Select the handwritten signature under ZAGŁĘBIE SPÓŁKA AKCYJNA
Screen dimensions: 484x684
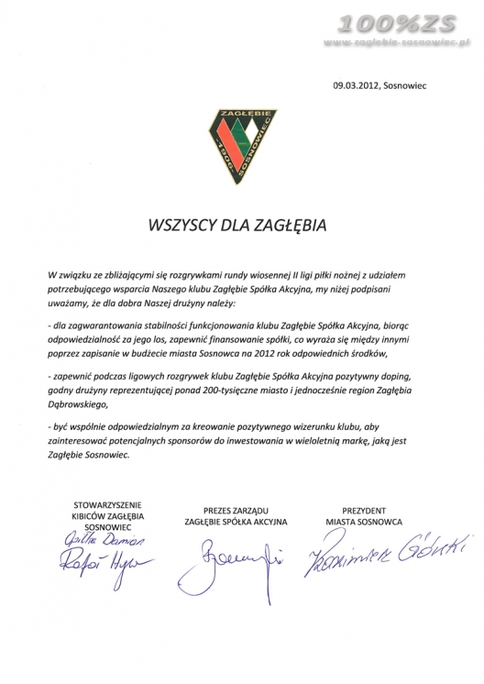[235, 556]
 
